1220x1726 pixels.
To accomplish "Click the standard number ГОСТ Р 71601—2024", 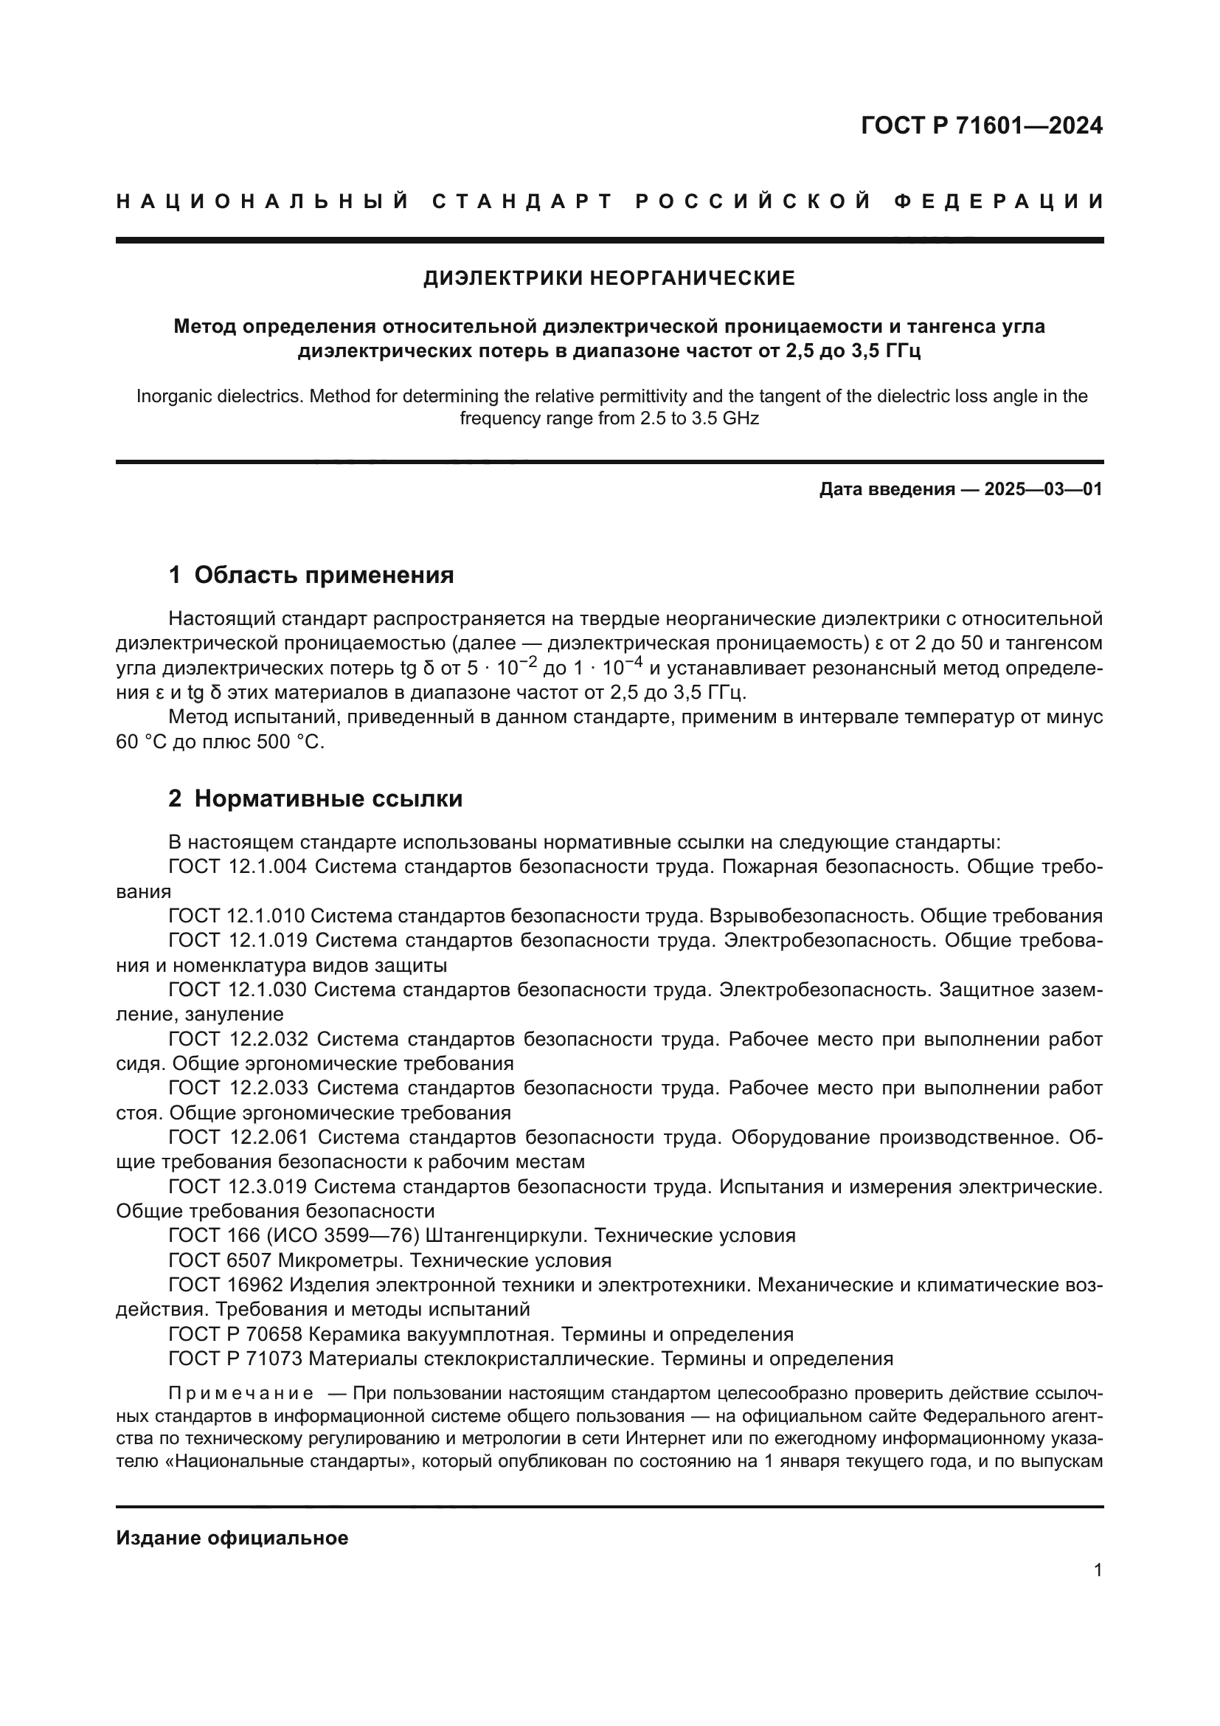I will [981, 125].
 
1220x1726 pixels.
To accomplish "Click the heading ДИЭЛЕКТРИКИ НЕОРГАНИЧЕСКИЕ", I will [609, 279].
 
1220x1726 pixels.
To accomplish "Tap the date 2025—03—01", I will [1043, 489].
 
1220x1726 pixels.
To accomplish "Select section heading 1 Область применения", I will [311, 575].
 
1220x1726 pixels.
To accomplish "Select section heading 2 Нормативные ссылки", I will [316, 799].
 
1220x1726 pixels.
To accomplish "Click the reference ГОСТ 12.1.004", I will [238, 867].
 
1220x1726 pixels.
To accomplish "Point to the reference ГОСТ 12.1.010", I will [236, 916].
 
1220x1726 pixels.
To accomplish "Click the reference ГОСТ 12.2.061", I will [239, 1137].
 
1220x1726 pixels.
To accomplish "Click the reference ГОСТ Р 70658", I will [235, 1334].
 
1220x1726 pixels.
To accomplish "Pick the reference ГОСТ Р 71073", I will [235, 1359].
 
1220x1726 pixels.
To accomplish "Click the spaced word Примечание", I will [240, 1394].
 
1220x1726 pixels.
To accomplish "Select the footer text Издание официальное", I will [232, 1538].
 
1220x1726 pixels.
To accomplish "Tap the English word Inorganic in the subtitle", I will [171, 396].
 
